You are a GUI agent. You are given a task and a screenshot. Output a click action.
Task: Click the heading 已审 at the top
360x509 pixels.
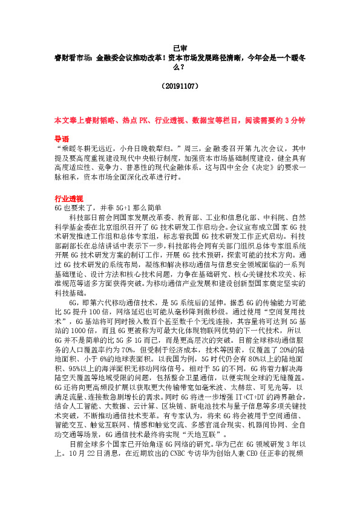tap(180, 50)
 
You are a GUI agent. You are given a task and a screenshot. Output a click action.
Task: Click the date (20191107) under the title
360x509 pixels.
tap(180, 86)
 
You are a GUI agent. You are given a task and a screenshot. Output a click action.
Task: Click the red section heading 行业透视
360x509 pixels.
tap(67, 198)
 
